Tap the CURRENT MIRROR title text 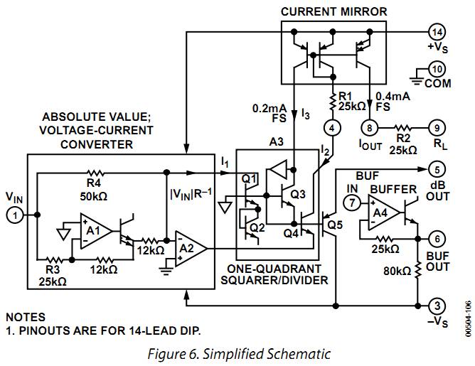click(333, 11)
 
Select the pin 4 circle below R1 click(331, 128)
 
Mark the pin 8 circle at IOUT click(369, 128)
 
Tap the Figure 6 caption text click(238, 353)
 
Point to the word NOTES click(26, 317)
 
